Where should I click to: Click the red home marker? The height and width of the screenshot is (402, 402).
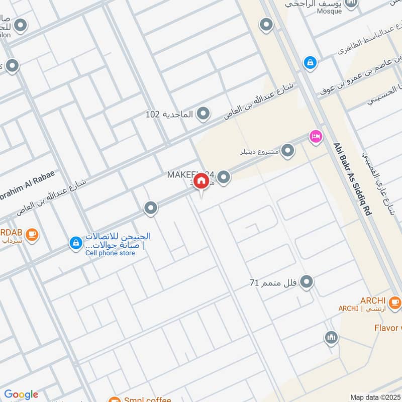click(x=201, y=181)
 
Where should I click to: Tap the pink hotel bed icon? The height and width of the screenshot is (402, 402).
click(x=316, y=136)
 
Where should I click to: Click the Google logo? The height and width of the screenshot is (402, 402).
click(x=21, y=394)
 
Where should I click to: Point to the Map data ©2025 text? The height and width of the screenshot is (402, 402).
click(x=375, y=397)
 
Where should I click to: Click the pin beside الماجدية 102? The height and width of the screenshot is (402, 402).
click(x=203, y=115)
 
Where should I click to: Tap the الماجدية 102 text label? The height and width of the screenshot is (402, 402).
click(x=169, y=115)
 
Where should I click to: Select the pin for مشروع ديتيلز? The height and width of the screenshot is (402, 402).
click(x=287, y=151)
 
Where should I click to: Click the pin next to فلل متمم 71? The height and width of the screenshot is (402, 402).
click(x=307, y=282)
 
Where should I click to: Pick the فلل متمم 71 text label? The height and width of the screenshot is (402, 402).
click(x=273, y=283)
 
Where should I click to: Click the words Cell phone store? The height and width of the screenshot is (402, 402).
click(x=110, y=253)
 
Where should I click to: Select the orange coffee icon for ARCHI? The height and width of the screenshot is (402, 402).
click(x=395, y=302)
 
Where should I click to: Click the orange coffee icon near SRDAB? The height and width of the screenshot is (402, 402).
click(x=32, y=234)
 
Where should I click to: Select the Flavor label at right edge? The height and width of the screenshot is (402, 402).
click(x=387, y=328)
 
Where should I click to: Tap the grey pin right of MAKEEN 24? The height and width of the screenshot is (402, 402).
click(x=224, y=177)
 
